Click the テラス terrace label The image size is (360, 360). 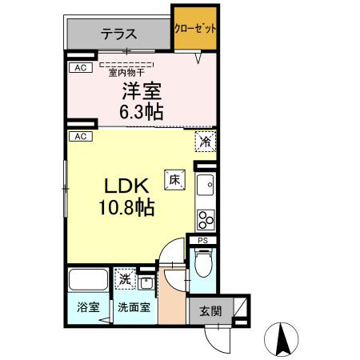coord(118,34)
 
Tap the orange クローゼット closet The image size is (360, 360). coord(195,29)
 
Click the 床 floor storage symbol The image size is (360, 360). coord(173,181)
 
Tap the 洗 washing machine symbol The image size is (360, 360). coord(124,279)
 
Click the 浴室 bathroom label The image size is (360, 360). coord(87,306)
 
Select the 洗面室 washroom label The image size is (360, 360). coord(133,306)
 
